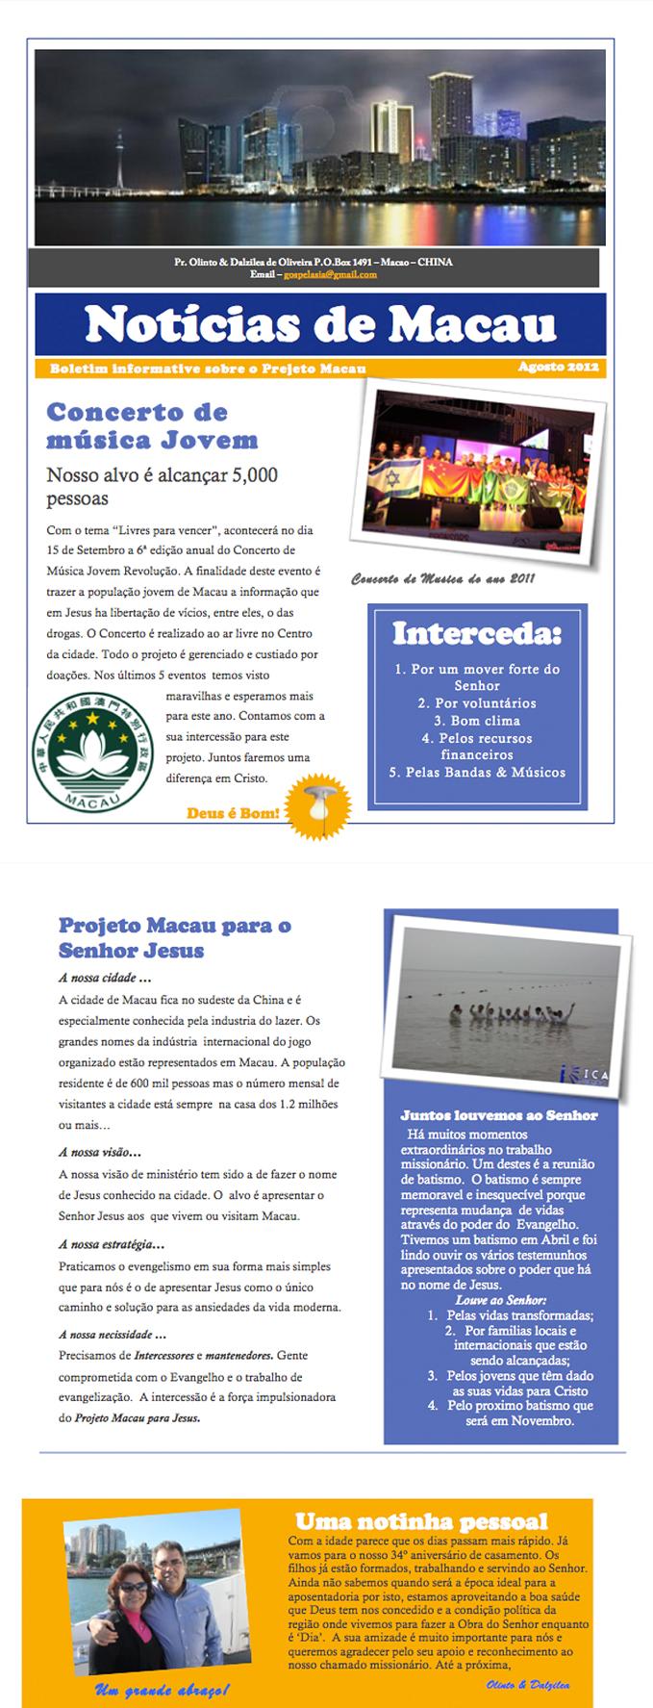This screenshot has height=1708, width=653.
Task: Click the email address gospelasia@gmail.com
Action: click(328, 274)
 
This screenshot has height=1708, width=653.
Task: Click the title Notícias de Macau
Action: click(320, 325)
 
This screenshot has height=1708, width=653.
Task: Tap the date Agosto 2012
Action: click(558, 367)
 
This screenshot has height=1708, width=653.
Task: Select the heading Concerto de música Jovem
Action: click(152, 425)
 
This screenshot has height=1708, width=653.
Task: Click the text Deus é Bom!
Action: click(234, 813)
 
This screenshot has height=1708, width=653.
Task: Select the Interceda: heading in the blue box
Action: click(476, 633)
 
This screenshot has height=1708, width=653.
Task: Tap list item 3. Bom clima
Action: click(477, 720)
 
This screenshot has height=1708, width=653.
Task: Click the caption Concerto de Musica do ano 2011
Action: click(442, 578)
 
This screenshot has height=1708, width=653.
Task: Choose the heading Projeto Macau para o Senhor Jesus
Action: click(174, 937)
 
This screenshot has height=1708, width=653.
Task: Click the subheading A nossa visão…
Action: click(99, 1152)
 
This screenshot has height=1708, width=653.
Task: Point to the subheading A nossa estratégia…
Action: click(111, 1244)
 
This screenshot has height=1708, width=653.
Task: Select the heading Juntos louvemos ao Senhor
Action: click(498, 1115)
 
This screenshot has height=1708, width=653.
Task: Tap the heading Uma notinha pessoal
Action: click(421, 1521)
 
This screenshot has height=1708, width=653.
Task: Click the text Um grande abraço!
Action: click(162, 1690)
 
